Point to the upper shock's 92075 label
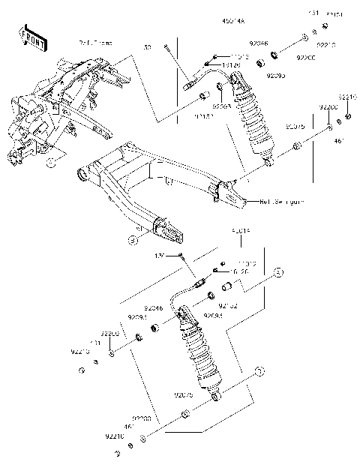(295, 127)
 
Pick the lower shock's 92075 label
(184, 394)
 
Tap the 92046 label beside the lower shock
(152, 308)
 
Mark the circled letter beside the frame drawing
(51, 161)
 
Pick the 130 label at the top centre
(147, 46)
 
